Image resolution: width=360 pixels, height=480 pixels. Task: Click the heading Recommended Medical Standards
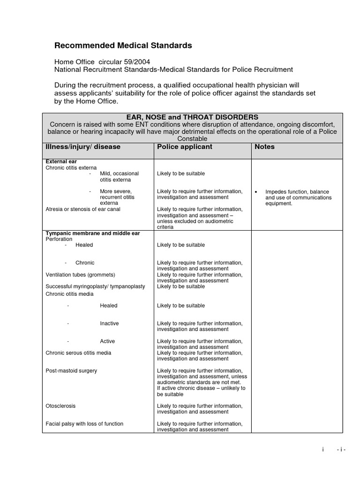123,45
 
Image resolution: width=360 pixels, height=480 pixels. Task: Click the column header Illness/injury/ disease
83,147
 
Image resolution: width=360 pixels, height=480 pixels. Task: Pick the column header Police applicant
185,147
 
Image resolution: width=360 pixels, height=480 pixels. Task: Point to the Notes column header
264,147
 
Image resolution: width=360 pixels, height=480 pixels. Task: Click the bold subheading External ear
61,161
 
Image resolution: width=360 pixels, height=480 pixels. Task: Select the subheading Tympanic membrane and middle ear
92,233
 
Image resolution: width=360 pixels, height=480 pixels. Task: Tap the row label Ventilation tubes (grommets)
80,275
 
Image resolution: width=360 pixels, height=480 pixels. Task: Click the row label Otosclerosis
60,405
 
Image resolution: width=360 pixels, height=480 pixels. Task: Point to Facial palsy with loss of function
84,424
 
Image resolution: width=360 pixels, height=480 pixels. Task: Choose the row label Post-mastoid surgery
71,371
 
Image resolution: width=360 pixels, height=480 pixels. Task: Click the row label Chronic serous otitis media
78,352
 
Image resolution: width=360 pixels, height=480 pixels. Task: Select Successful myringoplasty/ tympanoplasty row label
95,286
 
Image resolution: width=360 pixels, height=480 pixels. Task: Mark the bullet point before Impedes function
256,192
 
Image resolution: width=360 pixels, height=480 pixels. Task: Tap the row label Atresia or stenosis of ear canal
83,209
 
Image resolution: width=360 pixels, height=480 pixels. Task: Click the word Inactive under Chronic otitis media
109,323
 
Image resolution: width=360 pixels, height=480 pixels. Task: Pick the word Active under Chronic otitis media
107,341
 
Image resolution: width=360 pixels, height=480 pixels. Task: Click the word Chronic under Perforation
85,262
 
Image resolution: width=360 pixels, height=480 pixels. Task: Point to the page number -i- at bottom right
341,450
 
